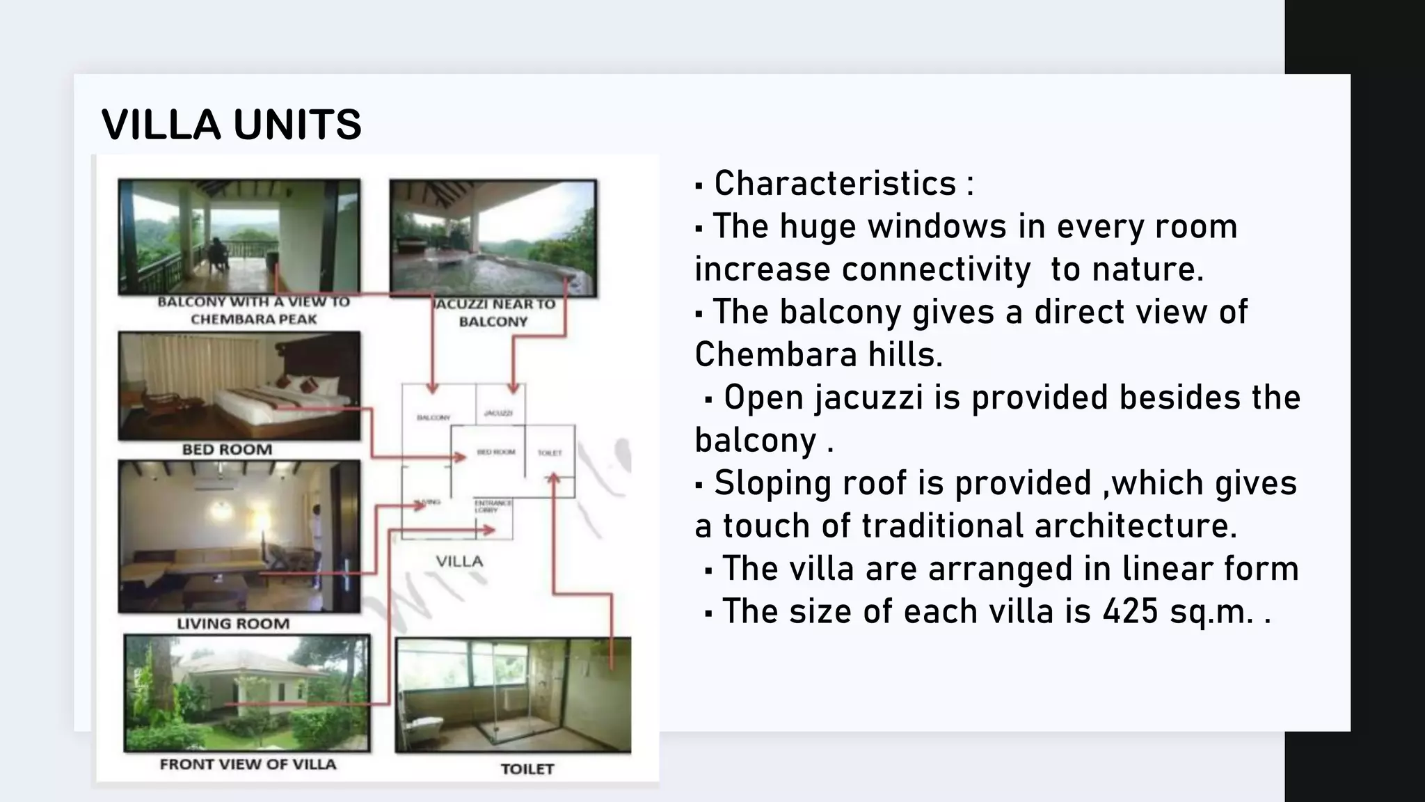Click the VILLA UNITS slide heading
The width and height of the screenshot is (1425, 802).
coord(231,125)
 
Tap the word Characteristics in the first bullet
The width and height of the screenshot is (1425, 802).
coord(835,184)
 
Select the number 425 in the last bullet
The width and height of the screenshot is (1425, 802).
coord(1130,611)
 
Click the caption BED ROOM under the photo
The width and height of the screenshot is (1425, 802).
coord(227,450)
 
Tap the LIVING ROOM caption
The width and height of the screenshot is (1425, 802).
coord(233,624)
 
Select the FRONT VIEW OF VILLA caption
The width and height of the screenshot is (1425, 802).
coord(248,764)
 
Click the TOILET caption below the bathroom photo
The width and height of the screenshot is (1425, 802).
coord(527,769)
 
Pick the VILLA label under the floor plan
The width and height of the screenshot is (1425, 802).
coord(459,562)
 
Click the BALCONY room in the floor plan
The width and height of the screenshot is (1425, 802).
coord(433,416)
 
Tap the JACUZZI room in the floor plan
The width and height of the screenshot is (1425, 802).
coord(498,414)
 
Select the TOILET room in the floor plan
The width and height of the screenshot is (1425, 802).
coord(550,453)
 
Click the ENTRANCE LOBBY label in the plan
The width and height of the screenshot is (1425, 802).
coord(493,506)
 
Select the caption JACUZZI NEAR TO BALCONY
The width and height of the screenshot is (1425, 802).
coord(494,313)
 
